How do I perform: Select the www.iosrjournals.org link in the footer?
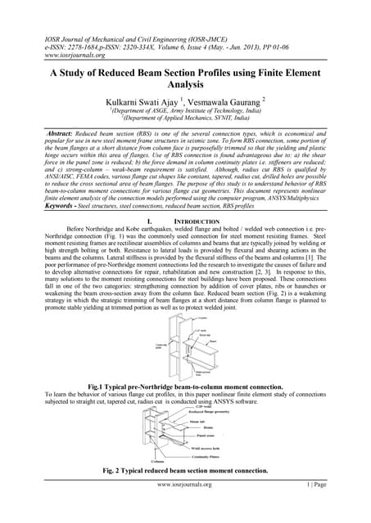click(x=184, y=507)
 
